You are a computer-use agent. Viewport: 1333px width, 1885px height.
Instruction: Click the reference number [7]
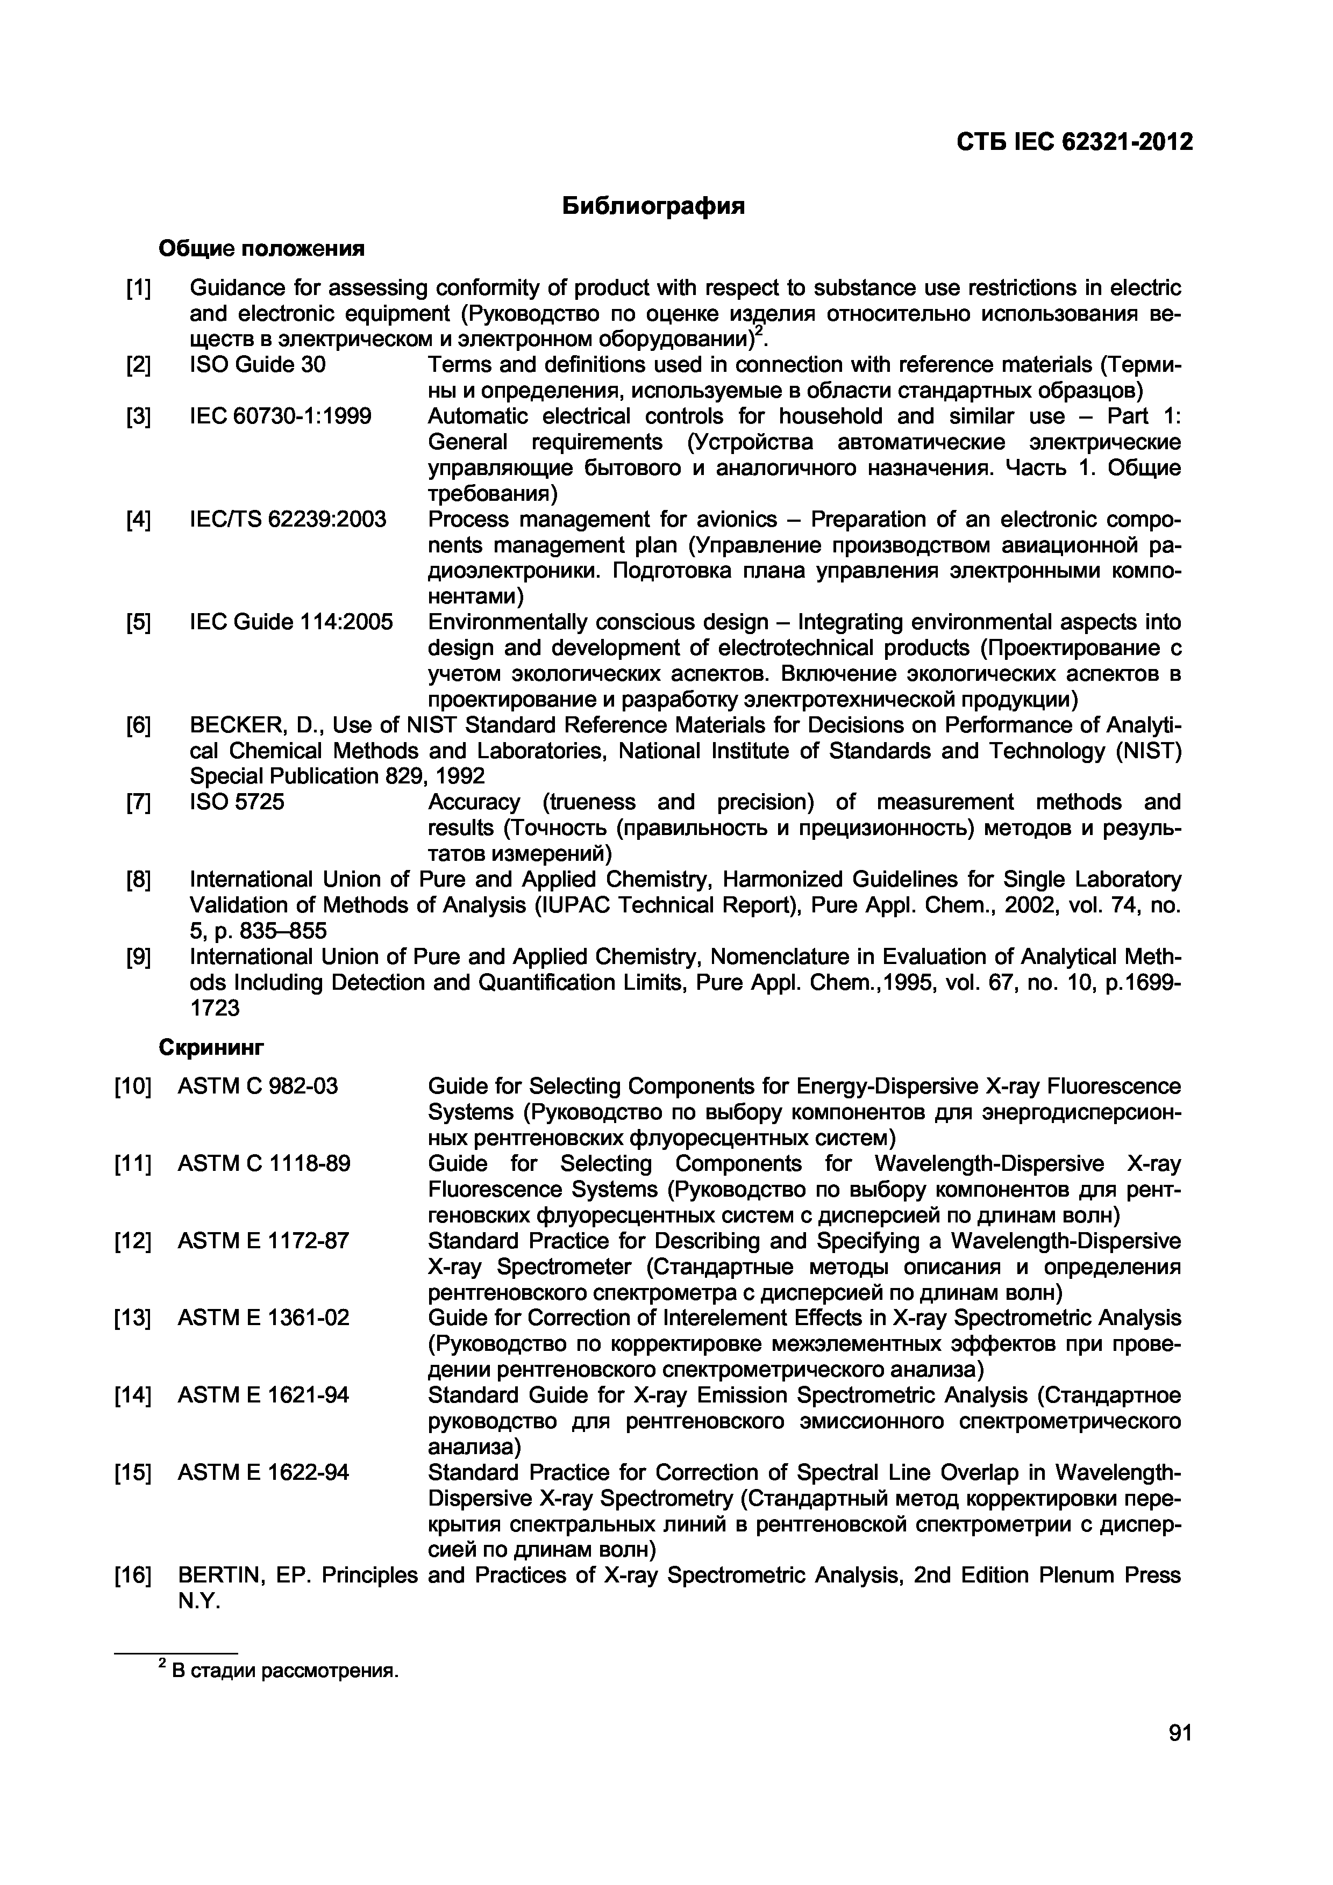(138, 802)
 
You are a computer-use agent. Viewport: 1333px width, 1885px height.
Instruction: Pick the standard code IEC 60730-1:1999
(280, 416)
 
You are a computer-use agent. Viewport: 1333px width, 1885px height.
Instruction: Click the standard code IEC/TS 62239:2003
(288, 520)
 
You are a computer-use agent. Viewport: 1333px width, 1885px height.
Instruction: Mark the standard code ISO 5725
(237, 802)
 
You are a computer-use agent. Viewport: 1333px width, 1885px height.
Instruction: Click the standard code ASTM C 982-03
(257, 1086)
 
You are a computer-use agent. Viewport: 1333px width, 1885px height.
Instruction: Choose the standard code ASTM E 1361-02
(263, 1318)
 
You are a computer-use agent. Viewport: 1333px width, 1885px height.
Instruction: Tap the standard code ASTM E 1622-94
(263, 1472)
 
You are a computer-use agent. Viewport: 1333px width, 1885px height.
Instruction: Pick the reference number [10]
(132, 1086)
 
